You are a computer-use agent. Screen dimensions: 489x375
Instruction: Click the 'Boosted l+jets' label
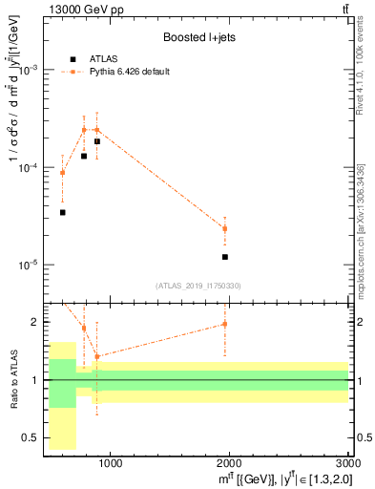point(198,37)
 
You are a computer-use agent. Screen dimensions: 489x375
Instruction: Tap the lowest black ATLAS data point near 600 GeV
point(63,212)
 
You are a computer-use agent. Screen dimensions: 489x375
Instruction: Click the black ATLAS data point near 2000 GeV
point(225,257)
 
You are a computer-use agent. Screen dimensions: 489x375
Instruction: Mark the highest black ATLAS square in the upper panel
point(97,141)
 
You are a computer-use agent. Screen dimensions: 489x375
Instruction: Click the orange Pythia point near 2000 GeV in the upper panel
point(225,228)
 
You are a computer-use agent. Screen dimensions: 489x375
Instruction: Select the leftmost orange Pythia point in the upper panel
point(63,173)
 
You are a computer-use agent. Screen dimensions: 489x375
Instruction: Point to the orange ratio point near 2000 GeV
point(225,324)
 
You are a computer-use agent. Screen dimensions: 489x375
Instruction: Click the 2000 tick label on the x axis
point(229,465)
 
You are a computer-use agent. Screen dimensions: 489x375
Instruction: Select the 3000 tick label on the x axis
point(347,465)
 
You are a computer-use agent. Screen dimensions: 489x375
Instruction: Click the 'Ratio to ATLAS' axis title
point(14,380)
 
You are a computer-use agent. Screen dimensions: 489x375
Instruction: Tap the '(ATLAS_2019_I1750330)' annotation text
point(198,285)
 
